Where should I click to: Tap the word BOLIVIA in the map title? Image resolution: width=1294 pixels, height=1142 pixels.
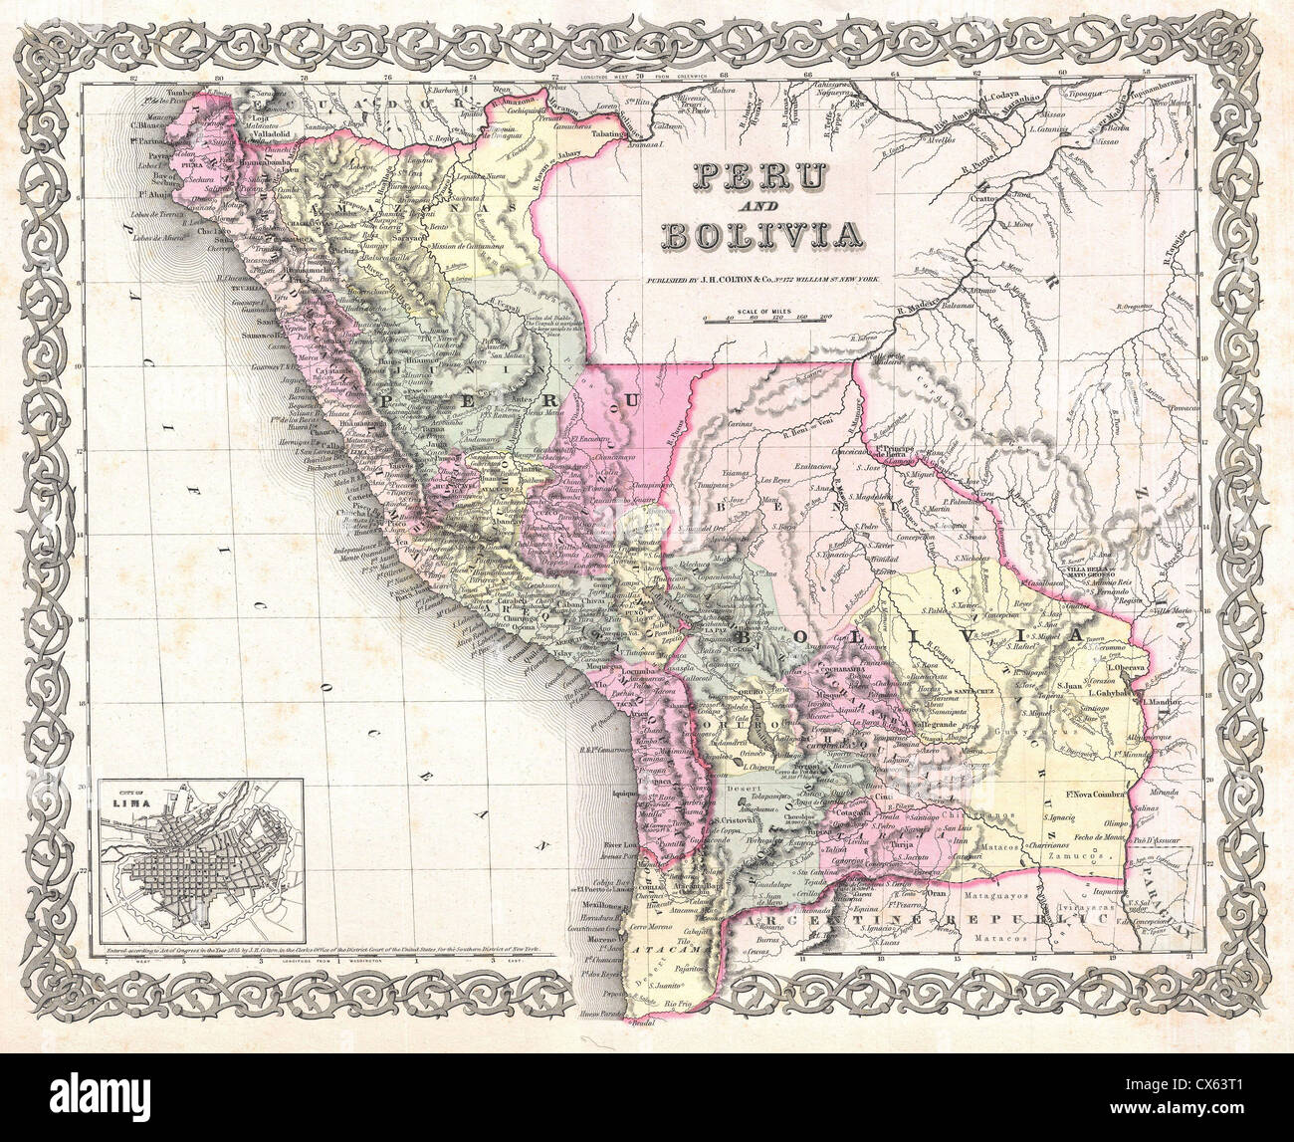(760, 235)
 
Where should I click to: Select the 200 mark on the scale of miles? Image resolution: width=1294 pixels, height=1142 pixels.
(824, 318)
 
